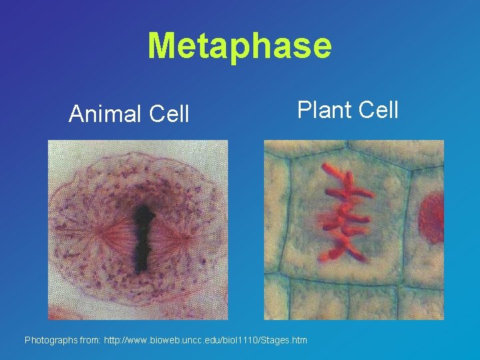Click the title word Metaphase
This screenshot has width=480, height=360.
239,46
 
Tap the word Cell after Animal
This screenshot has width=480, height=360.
169,115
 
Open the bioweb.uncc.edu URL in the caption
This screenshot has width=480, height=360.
205,341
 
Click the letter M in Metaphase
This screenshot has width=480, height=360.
160,46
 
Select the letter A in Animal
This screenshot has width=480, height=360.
76,115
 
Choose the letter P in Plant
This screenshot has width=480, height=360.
304,109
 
